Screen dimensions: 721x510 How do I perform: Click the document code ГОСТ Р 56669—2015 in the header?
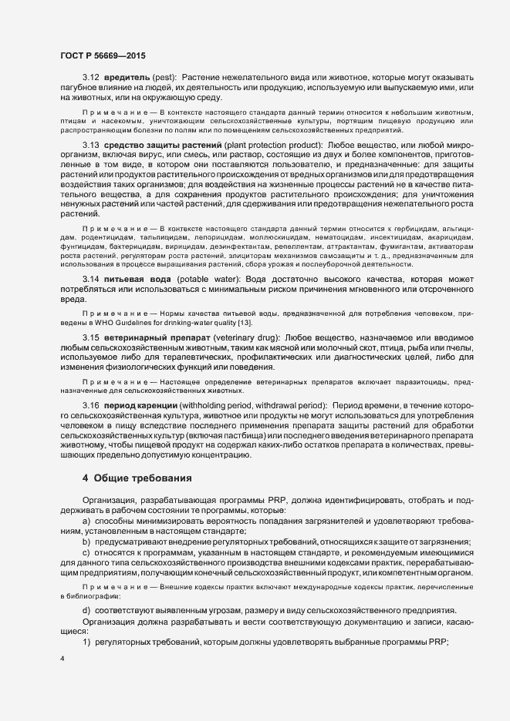(103, 55)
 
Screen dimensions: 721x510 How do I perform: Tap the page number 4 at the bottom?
(62, 659)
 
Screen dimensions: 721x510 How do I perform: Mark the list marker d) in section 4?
(86, 610)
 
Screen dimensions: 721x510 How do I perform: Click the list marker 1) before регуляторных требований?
(86, 642)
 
